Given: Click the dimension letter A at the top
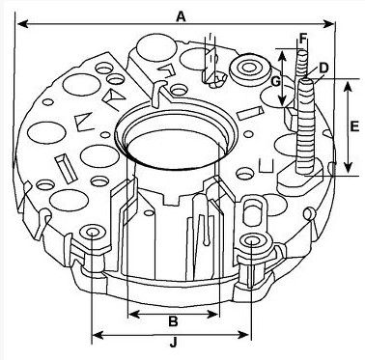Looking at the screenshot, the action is tap(182, 15).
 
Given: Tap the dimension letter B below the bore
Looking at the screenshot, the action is tap(173, 321).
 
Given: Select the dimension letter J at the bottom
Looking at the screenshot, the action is tap(174, 343).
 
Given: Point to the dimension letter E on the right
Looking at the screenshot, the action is tap(354, 126).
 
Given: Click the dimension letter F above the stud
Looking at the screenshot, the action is tap(303, 39).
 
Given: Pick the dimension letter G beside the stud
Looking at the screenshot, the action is tap(276, 82).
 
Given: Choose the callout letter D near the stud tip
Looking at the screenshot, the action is tap(323, 68).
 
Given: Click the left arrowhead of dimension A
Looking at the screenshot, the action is tap(23, 24).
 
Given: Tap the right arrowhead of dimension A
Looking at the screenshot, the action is tap(328, 24).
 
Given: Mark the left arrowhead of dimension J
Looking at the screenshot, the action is tap(98, 335).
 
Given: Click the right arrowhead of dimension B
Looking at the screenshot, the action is tap(213, 314).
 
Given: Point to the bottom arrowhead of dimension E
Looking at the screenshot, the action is tap(348, 167).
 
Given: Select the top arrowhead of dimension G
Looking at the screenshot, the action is tap(282, 56).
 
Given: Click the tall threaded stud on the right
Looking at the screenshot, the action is tap(306, 125).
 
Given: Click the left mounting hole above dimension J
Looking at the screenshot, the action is tap(93, 232).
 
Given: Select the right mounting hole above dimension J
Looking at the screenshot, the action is tap(252, 240).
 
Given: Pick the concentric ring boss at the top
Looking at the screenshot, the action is tap(249, 68).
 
